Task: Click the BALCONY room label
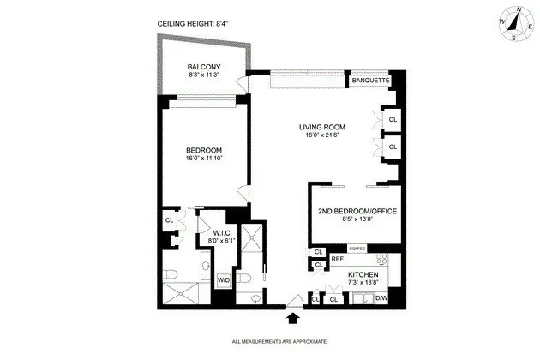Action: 204,67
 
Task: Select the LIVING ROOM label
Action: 321,129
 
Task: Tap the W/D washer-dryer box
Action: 223,280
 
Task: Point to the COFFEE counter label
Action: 357,249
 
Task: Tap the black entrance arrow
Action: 294,318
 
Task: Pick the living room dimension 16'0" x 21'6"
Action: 321,138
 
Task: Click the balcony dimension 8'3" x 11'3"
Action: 204,76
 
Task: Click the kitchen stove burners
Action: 381,259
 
